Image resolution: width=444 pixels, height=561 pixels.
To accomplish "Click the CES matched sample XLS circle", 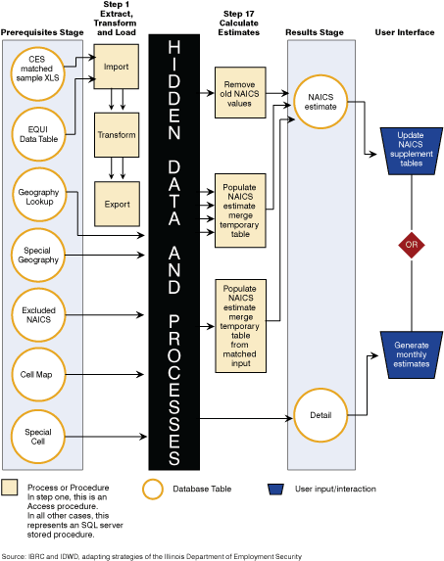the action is tap(37, 74).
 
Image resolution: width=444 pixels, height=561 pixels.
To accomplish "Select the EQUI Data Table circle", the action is tap(38, 134).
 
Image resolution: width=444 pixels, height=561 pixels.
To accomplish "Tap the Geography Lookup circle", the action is tap(39, 195).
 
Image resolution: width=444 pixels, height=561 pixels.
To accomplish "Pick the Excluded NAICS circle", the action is tap(38, 315).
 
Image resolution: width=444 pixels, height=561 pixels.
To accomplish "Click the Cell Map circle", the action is tap(38, 375).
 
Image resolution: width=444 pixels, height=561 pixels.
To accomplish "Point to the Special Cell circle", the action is tap(38, 437).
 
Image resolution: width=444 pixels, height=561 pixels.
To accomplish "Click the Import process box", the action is tap(117, 67).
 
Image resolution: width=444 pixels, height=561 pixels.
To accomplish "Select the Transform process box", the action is tap(117, 135).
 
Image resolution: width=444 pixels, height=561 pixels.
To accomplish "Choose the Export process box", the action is tap(117, 204).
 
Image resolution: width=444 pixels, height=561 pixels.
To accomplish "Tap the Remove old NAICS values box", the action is tap(240, 92).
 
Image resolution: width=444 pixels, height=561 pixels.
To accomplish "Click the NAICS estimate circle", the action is tap(321, 102).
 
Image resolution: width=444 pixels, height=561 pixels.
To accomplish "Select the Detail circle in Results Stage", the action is tap(321, 415).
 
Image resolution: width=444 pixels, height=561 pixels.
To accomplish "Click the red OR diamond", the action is tap(412, 245).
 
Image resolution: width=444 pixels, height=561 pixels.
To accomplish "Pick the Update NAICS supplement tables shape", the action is tap(412, 151).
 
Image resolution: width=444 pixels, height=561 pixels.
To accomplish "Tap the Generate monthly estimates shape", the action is tap(412, 355).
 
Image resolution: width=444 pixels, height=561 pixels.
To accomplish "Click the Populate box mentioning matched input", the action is tap(240, 326).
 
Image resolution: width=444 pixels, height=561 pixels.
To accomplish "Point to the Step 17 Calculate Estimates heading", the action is tap(239, 23).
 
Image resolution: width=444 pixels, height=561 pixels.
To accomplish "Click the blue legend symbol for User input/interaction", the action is tap(275, 490).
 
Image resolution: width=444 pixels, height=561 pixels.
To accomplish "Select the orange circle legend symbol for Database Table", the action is tap(153, 490).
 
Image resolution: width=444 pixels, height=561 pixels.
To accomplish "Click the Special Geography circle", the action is tap(38, 256).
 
